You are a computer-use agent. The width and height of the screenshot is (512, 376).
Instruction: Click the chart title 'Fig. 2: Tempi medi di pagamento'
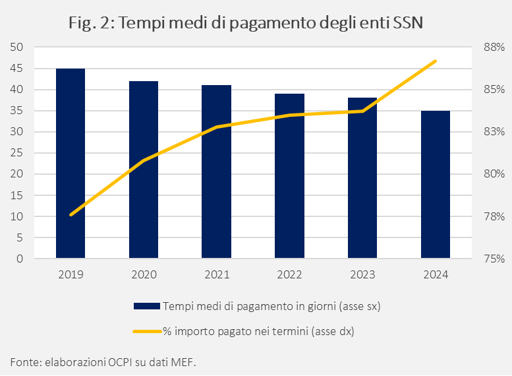[245, 23]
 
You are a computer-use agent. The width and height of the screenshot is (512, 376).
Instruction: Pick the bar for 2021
[217, 172]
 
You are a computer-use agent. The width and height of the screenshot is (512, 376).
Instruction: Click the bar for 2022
[289, 176]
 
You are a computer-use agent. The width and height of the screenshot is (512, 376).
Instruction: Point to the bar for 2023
[362, 179]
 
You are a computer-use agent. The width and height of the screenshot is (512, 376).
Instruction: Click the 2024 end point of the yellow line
[436, 61]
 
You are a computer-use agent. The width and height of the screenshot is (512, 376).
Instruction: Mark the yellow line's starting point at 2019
[71, 214]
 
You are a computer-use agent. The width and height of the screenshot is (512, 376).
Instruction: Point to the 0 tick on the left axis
[20, 259]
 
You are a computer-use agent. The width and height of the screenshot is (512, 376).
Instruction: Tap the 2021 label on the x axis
[217, 275]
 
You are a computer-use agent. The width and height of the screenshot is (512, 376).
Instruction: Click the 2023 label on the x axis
[362, 275]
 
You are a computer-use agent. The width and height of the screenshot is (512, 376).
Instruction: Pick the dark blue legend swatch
[146, 305]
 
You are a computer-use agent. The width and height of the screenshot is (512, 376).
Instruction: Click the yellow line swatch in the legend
[146, 332]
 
